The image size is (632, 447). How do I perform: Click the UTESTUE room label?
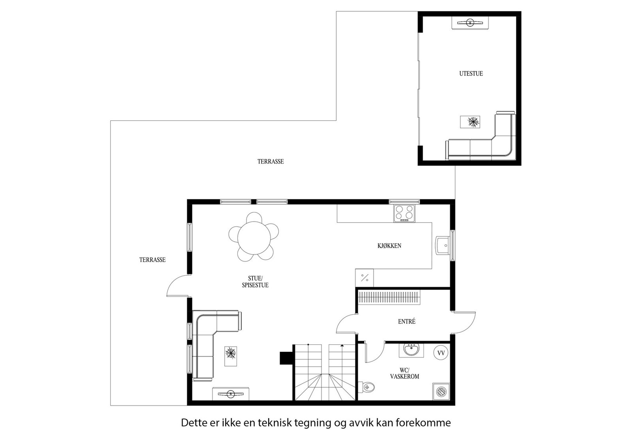[x=471, y=73]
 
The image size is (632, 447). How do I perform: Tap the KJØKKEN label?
[x=389, y=246]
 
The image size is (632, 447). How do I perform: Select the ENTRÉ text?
[x=406, y=322]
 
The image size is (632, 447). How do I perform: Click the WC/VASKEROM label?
[x=404, y=374]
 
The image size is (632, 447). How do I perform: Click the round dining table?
[x=254, y=238]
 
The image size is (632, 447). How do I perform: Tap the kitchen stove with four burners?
[x=404, y=213]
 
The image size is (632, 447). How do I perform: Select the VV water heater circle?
[x=441, y=353]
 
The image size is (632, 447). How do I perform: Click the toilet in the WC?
[x=367, y=387]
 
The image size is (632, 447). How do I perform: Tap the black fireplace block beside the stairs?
[x=286, y=358]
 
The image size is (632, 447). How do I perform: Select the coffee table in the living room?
[x=231, y=356]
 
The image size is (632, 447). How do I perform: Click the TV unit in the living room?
[x=230, y=394]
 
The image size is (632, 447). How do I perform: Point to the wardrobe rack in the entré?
[x=388, y=297]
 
